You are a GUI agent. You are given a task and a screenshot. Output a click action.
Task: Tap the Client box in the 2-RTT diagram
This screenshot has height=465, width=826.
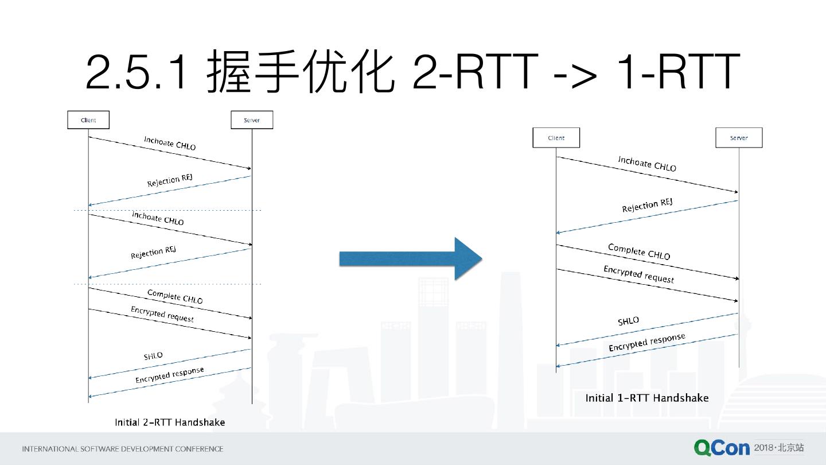coord(88,120)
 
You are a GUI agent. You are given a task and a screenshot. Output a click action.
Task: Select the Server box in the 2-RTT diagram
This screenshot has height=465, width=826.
coord(252,120)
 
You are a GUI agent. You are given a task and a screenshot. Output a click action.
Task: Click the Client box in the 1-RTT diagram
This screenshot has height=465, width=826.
coord(556,138)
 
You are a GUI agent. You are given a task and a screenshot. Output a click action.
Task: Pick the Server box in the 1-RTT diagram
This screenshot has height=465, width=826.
coord(739,138)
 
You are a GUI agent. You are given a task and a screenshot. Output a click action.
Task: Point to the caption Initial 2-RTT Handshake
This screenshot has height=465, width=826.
coord(170,423)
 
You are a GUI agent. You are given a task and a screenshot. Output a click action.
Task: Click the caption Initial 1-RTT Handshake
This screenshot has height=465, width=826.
coord(646,398)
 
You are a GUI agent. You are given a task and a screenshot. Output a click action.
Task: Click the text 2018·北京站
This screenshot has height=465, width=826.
coord(779,448)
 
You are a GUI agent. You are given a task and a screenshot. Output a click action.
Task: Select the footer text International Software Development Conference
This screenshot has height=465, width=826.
coord(122,449)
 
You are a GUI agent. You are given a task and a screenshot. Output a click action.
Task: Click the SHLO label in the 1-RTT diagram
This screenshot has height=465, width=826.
coord(628,321)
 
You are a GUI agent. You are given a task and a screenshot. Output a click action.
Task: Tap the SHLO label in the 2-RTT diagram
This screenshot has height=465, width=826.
coord(153,356)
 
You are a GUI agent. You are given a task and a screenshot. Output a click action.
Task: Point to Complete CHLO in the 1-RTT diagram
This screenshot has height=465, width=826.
coord(639,251)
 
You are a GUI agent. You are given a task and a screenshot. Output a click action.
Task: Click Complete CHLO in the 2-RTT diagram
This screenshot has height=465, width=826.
coord(175,296)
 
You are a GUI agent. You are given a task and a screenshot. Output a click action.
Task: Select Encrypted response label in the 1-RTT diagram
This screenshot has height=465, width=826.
coord(646,343)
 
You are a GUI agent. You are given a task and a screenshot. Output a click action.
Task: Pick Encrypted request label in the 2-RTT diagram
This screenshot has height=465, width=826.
coord(162,314)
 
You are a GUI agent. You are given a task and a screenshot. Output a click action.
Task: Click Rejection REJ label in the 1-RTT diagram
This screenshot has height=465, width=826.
coord(647,205)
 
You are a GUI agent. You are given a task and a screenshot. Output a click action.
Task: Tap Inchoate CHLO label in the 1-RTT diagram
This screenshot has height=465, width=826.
coord(647,164)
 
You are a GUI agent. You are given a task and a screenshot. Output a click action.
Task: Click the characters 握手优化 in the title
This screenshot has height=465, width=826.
coord(301,72)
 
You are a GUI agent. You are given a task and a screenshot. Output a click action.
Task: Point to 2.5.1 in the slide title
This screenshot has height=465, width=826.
coord(137,72)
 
